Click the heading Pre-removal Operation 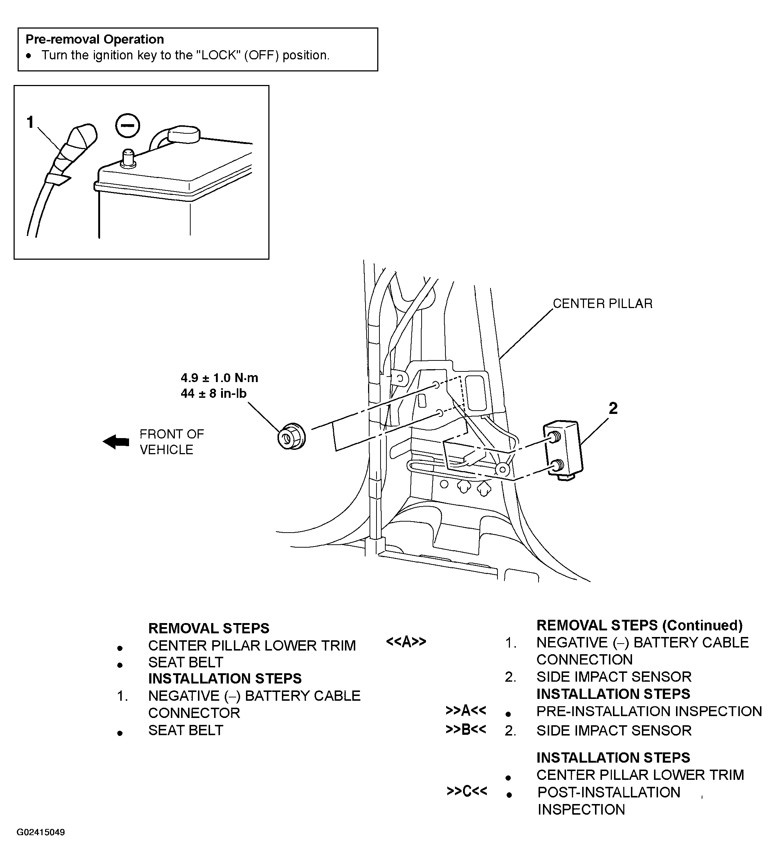[95, 39]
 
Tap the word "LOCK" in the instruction [218, 55]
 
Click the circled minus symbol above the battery [127, 126]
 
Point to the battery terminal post [128, 158]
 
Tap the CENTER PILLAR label [602, 304]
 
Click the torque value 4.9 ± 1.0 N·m [219, 378]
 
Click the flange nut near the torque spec [291, 436]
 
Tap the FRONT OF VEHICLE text [172, 442]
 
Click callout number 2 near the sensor [613, 408]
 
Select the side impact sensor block [563, 450]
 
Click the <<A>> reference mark [406, 642]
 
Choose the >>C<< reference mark [467, 791]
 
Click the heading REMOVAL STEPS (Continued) [639, 625]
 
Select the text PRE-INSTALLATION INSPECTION [649, 711]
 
